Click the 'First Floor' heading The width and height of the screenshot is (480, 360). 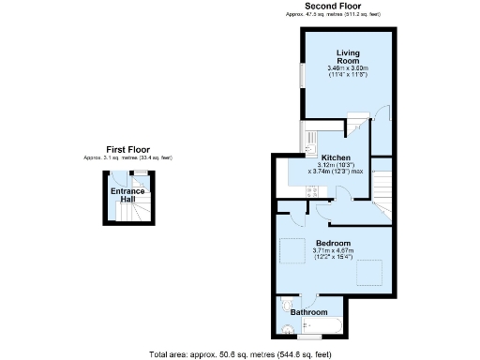pyautogui.click(x=127, y=149)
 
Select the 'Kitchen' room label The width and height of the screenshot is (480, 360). pyautogui.click(x=336, y=157)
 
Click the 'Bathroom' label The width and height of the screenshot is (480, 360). pyautogui.click(x=308, y=311)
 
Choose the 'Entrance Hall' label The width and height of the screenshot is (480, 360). pyautogui.click(x=127, y=196)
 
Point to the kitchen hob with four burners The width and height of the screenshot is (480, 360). pyautogui.click(x=312, y=190)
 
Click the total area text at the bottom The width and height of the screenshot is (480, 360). pyautogui.click(x=240, y=354)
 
